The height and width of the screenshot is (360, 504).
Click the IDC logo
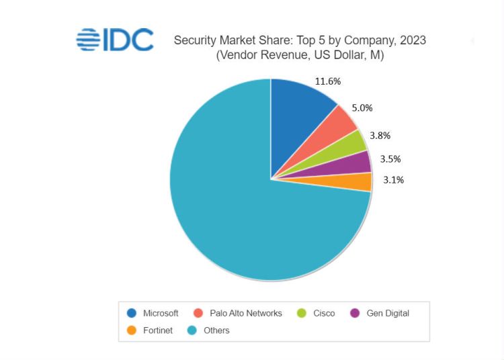coord(115,40)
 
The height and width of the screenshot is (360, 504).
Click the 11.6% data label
coord(328,81)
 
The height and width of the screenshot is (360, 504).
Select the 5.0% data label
coord(362,107)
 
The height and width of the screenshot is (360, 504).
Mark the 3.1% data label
coord(394,180)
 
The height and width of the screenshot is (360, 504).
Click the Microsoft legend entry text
coord(161,313)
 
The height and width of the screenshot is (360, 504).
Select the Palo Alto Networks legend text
coord(246,313)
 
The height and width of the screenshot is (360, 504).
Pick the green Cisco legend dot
coord(302,313)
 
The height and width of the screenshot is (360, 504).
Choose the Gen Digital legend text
coord(388,313)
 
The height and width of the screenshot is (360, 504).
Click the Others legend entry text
coord(216,330)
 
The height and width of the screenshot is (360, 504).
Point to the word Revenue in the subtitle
coord(284,56)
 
